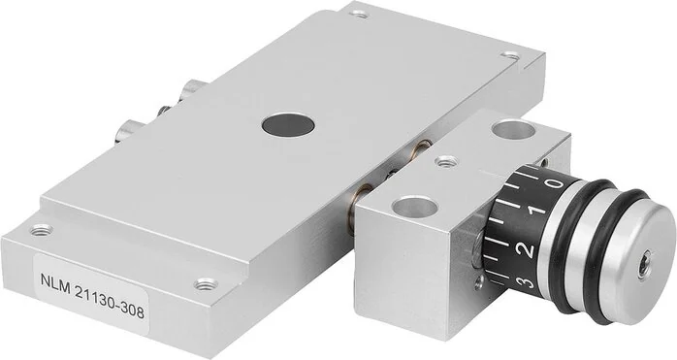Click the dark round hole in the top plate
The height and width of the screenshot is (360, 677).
click(288, 125)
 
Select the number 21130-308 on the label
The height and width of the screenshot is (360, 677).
click(110, 301)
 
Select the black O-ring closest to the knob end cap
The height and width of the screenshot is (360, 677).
click(613, 255)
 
